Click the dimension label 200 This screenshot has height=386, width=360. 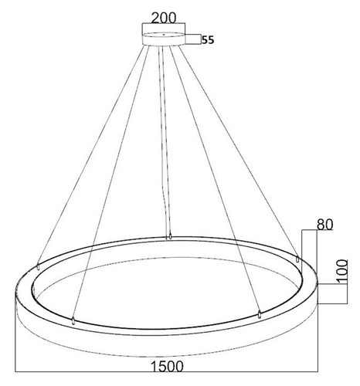tap(164, 18)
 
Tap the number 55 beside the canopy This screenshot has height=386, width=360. tap(208, 40)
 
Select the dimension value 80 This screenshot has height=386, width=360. tap(324, 225)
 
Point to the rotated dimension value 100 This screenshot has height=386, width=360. tap(342, 272)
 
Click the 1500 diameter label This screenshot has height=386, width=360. tap(167, 366)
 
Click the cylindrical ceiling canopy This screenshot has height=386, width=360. tap(164, 39)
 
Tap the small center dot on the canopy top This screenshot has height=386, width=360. tap(163, 34)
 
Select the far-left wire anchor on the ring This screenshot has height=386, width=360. tap(39, 266)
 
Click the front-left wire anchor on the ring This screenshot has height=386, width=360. tap(73, 321)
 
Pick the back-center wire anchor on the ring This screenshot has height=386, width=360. tap(170, 236)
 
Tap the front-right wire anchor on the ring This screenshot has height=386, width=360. tap(260, 315)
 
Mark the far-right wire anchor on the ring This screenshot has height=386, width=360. tap(297, 259)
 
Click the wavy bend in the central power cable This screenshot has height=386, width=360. tap(164, 195)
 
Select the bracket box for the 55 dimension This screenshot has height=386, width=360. tap(193, 39)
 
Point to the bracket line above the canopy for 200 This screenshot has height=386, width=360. tap(164, 24)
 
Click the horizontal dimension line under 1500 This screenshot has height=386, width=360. tap(166, 371)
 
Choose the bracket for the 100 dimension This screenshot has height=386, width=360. tap(333, 294)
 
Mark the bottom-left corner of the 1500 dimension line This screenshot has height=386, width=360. tap(15, 371)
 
